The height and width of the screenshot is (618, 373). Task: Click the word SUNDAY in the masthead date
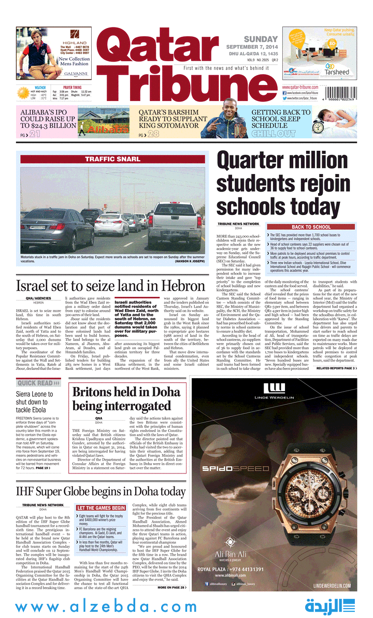tap(261, 39)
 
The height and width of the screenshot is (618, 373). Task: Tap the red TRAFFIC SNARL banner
tap(113, 159)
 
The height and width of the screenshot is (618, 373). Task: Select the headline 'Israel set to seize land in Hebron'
tap(110, 286)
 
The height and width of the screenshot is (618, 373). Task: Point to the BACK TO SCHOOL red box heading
tap(311, 227)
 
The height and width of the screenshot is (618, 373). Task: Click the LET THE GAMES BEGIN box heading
tap(101, 508)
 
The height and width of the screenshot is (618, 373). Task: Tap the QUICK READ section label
tap(35, 383)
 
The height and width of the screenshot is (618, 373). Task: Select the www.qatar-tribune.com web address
tap(300, 87)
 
